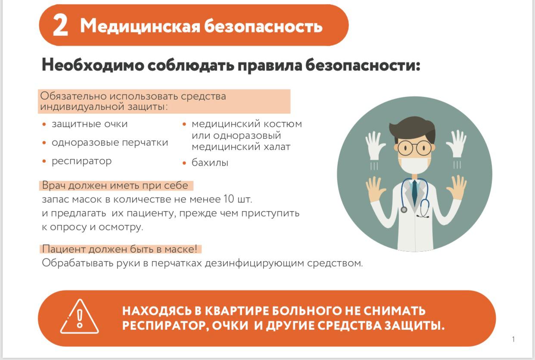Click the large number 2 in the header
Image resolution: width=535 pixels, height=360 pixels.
pyautogui.click(x=60, y=25)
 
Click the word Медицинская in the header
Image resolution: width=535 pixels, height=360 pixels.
pyautogui.click(x=140, y=26)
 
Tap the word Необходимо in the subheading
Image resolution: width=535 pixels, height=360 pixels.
pyautogui.click(x=93, y=65)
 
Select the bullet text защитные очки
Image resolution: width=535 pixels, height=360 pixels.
pyautogui.click(x=90, y=124)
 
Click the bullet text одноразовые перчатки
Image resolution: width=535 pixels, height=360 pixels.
pyautogui.click(x=110, y=142)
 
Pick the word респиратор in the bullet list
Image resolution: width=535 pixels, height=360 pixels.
pyautogui.click(x=82, y=161)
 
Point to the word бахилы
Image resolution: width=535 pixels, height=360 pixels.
pyautogui.click(x=210, y=163)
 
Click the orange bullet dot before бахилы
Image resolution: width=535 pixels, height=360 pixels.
pyautogui.click(x=184, y=163)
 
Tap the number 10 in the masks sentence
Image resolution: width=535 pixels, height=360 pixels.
pyautogui.click(x=229, y=199)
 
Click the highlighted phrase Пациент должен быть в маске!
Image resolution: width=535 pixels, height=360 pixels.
pyautogui.click(x=120, y=249)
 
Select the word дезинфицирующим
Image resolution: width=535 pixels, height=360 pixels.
pyautogui.click(x=255, y=263)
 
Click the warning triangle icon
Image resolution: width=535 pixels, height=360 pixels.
pyautogui.click(x=80, y=317)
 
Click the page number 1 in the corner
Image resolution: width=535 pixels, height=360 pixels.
pyautogui.click(x=513, y=339)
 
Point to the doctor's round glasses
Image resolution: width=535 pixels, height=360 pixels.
pyautogui.click(x=415, y=148)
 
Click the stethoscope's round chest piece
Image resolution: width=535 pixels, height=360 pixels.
pyautogui.click(x=404, y=210)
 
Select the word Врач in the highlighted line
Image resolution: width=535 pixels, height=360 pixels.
pyautogui.click(x=54, y=185)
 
